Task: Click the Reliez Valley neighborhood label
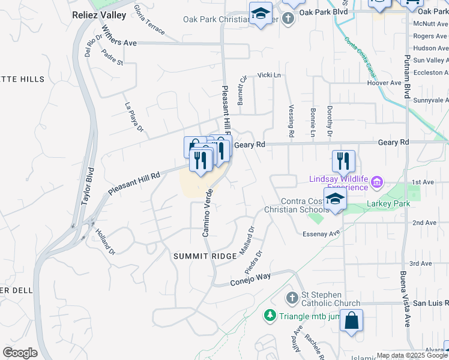(99, 14)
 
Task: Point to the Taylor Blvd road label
(88, 185)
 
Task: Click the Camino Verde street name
(208, 212)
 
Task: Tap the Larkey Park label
(388, 204)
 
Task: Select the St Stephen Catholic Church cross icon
(292, 298)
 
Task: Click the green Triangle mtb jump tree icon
(270, 315)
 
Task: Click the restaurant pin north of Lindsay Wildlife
(343, 160)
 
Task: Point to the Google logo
(20, 353)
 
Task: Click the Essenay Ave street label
(322, 233)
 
